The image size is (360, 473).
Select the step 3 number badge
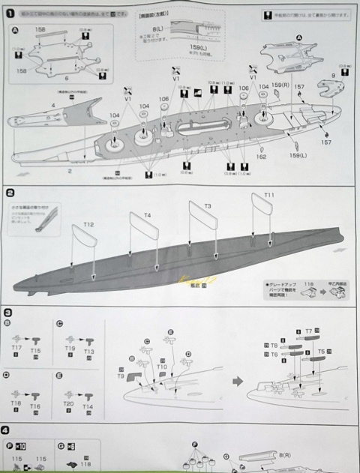click(7, 312)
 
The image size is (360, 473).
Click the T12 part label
click(88, 224)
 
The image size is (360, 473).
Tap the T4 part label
click(147, 214)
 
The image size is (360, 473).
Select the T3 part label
click(208, 205)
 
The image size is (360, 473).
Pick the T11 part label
click(269, 195)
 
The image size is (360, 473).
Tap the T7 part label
click(308, 331)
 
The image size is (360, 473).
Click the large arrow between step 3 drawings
click(238, 382)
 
